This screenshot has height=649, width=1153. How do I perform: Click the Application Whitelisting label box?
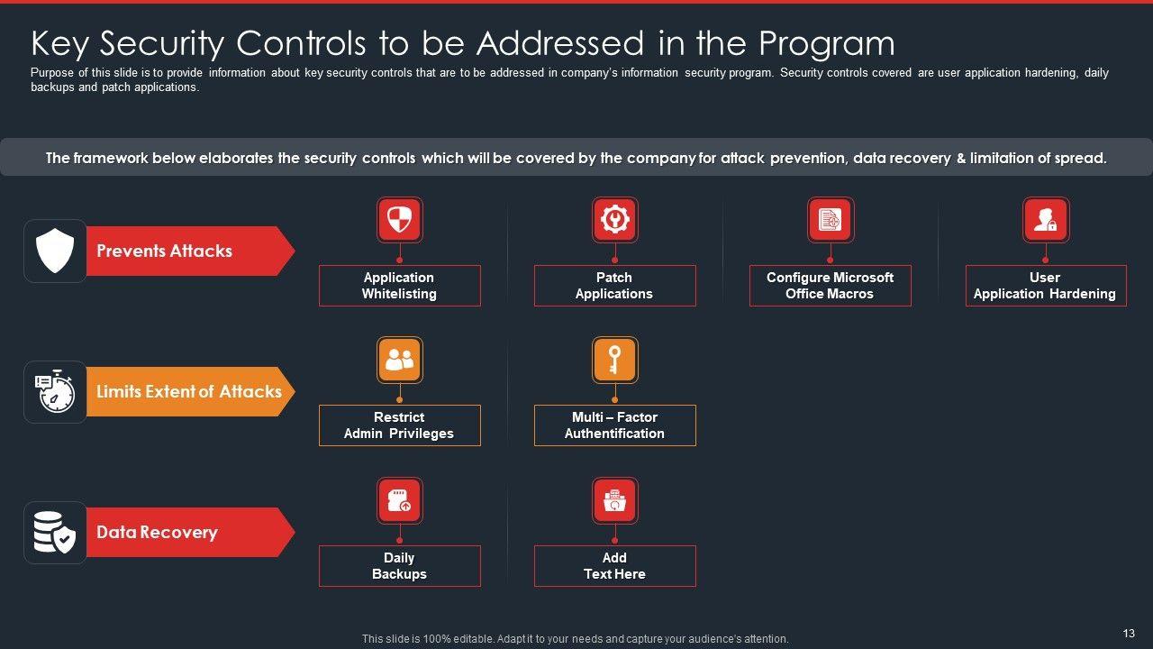(x=399, y=286)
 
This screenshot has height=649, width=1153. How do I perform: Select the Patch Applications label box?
(x=614, y=286)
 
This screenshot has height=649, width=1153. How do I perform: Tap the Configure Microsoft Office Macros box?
(x=830, y=286)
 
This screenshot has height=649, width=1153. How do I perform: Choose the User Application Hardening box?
(x=1045, y=286)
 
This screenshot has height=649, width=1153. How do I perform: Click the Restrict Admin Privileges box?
(x=399, y=425)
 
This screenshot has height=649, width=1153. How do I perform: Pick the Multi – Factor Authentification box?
(x=614, y=425)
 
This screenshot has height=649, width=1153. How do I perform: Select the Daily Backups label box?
(x=399, y=566)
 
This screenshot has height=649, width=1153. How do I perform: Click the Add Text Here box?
(x=614, y=566)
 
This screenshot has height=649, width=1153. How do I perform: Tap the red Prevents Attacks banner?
(x=180, y=251)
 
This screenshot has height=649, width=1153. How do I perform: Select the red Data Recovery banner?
(x=180, y=533)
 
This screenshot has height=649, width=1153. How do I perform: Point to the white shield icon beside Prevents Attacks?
(x=55, y=251)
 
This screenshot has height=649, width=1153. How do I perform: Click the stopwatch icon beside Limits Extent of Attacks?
(x=55, y=392)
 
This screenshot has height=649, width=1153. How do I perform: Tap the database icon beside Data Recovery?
(x=55, y=533)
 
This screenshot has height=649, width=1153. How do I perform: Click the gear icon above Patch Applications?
(x=614, y=219)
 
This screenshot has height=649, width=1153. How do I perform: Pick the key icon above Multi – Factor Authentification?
(x=614, y=360)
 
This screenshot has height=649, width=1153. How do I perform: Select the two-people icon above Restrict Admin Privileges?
(x=399, y=360)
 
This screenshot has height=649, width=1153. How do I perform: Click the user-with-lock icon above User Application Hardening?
(x=1045, y=219)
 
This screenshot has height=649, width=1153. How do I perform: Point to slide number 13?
(x=1129, y=634)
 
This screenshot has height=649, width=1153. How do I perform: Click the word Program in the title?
(x=826, y=43)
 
